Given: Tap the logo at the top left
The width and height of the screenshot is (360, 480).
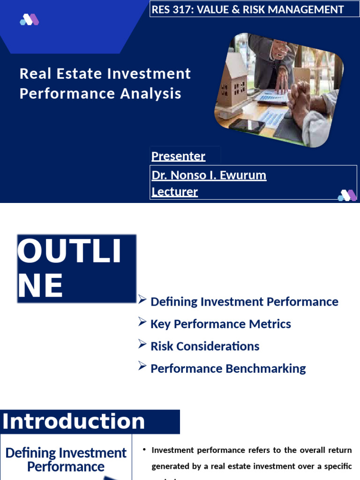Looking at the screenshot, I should [29, 20].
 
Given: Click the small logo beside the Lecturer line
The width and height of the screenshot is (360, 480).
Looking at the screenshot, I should [347, 195].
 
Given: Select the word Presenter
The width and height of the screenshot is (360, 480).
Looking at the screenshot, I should [178, 156].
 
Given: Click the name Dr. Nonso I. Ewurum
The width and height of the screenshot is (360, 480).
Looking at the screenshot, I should [209, 175].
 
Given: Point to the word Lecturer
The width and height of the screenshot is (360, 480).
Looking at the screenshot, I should [174, 192].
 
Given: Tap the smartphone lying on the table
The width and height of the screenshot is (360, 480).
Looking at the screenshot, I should [247, 125].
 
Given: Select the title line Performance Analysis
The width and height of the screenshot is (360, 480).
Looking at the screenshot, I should [100, 93].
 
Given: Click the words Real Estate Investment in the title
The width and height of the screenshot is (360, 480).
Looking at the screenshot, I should [105, 74].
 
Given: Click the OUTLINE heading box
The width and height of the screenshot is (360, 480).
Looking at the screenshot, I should [76, 268].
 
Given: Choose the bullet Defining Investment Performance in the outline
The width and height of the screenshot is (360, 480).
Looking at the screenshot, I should [244, 301].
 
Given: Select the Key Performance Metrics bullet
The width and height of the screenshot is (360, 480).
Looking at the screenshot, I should [220, 324].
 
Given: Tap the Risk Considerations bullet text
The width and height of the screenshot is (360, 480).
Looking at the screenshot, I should [204, 346].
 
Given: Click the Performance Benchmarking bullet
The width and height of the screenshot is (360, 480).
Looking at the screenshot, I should [228, 368].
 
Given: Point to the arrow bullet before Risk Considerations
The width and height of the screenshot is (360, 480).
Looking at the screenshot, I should [142, 345].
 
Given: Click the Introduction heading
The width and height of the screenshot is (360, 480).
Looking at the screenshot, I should [74, 421].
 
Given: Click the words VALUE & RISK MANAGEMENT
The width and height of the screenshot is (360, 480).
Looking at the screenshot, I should [270, 9].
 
